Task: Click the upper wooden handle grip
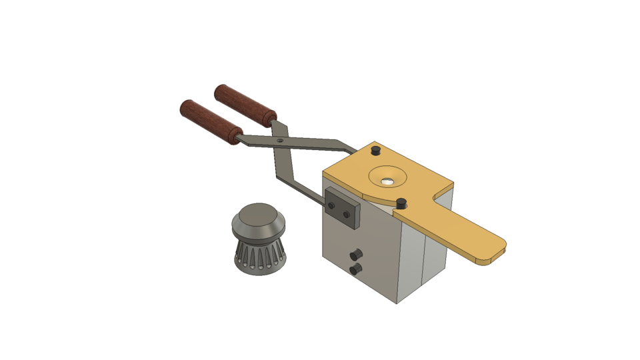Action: coord(245,105)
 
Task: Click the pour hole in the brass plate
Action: coord(387,179)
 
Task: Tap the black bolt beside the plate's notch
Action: coord(401,202)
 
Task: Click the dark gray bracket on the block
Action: coord(342,208)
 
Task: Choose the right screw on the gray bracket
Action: coord(346,215)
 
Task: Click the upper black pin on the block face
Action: coord(356,254)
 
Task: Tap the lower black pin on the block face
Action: coord(355,269)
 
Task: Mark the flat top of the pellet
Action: coord(259,215)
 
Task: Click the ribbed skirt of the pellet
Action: coord(260,257)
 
